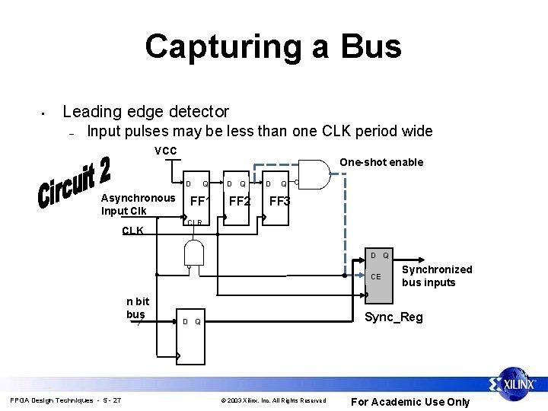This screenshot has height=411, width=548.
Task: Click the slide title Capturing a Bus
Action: coord(273,46)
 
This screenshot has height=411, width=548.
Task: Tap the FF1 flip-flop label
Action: coord(199,202)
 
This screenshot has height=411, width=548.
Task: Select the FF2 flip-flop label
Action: coord(240,202)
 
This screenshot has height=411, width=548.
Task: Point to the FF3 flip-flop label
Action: coord(279,202)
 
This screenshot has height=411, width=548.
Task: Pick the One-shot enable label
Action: coord(381,162)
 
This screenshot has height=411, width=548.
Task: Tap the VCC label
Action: coord(165,150)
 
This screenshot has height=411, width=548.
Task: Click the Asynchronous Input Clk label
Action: coord(138,204)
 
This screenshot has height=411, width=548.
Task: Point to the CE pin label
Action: coord(376,277)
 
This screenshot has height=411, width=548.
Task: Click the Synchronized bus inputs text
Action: coord(437,276)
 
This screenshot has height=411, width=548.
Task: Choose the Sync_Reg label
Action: coord(393,317)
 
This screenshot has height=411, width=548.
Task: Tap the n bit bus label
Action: coord(137,308)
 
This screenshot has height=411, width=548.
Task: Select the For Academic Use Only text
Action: coord(409,402)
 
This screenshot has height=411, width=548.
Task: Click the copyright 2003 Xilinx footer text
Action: coord(273,400)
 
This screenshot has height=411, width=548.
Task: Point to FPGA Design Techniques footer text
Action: coord(65,400)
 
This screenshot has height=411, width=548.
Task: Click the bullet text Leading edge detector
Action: coord(145,112)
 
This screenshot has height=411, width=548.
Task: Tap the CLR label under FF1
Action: coord(195,223)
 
